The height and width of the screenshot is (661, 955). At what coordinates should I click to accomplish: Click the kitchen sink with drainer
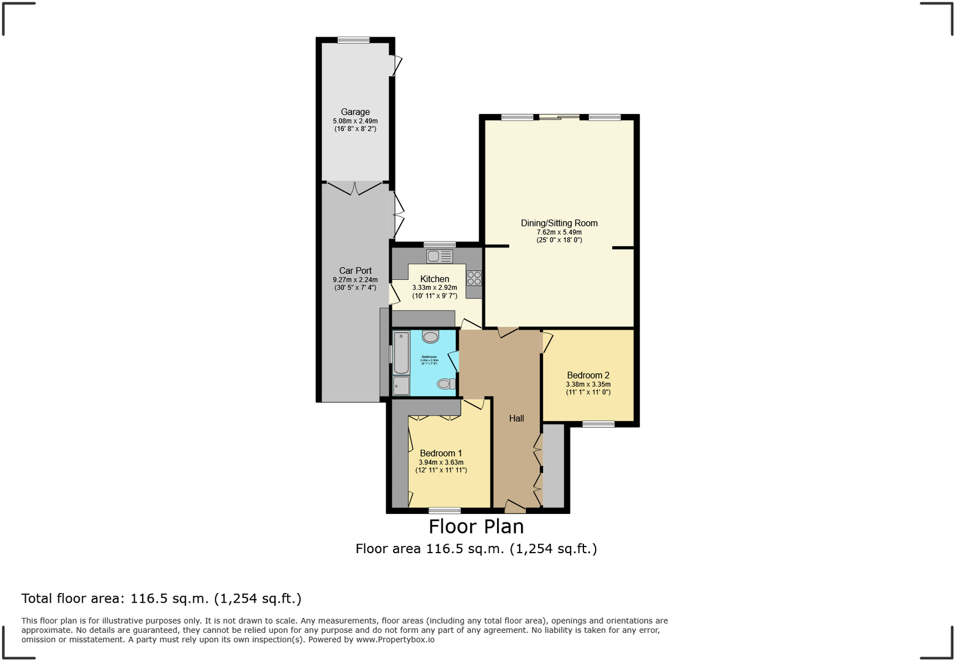[x=440, y=256]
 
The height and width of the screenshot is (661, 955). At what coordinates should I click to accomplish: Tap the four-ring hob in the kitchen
[x=474, y=278]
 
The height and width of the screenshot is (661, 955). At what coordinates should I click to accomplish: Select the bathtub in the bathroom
[x=401, y=352]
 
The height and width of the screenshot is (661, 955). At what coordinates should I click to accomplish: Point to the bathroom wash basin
[x=430, y=336]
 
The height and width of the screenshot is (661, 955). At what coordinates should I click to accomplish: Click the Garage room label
[x=355, y=112]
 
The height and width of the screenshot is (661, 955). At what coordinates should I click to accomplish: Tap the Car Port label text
[x=355, y=270]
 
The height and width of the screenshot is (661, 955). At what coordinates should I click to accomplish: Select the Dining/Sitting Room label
[x=559, y=223]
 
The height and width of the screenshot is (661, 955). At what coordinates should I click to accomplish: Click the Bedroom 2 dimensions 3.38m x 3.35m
[x=588, y=385]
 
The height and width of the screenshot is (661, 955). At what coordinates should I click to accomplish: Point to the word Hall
[x=516, y=418]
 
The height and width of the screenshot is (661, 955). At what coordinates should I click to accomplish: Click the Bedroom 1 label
[x=441, y=453]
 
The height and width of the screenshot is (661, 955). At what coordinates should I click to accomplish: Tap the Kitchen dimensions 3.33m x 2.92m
[x=435, y=287]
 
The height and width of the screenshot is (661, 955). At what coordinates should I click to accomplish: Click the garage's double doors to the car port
[x=354, y=187]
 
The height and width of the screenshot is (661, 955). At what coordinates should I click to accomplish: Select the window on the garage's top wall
[x=353, y=40]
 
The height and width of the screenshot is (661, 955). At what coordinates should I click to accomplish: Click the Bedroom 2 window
[x=598, y=423]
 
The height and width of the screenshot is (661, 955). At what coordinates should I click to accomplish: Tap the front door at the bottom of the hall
[x=515, y=507]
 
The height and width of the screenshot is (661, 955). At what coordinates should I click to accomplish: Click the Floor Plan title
[x=476, y=526]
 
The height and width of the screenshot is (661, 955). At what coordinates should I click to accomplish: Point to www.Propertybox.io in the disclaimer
[x=395, y=640]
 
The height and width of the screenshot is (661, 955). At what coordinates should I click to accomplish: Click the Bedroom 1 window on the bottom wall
[x=444, y=510]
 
